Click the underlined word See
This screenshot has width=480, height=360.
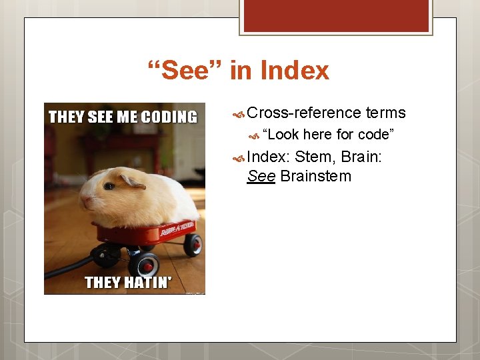coord(261,176)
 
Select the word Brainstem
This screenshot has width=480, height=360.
coord(315,176)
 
